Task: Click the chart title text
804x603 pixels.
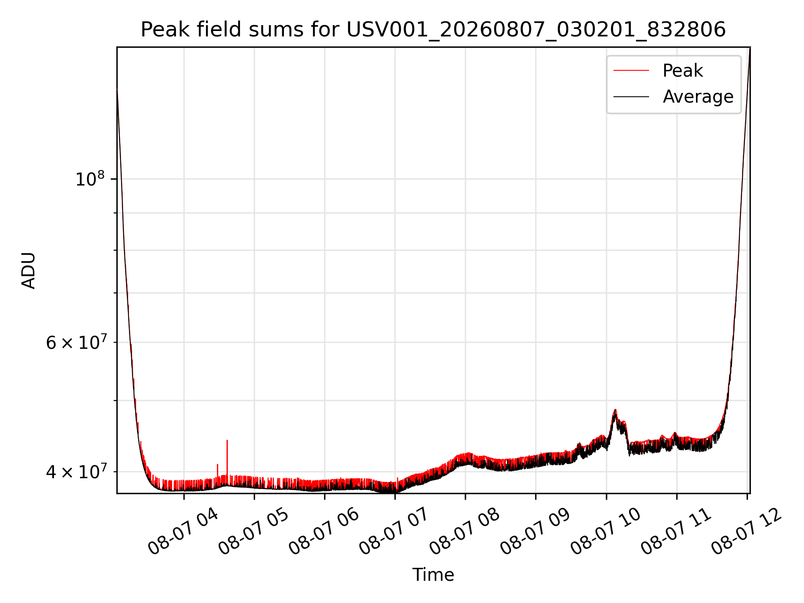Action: [433, 30]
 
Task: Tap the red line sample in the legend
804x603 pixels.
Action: [631, 71]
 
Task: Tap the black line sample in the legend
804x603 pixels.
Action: [631, 97]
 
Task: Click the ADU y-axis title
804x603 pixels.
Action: [28, 271]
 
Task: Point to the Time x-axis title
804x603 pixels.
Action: [433, 575]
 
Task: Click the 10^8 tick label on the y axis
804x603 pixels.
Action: [90, 179]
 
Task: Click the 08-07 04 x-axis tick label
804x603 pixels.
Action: [183, 532]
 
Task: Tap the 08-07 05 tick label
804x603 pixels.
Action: [254, 532]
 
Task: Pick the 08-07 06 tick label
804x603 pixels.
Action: [324, 532]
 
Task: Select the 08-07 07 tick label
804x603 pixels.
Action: [394, 532]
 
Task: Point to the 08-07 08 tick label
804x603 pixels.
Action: [465, 532]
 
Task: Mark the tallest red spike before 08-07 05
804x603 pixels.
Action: [227, 441]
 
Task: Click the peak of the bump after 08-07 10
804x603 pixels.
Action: [615, 410]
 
